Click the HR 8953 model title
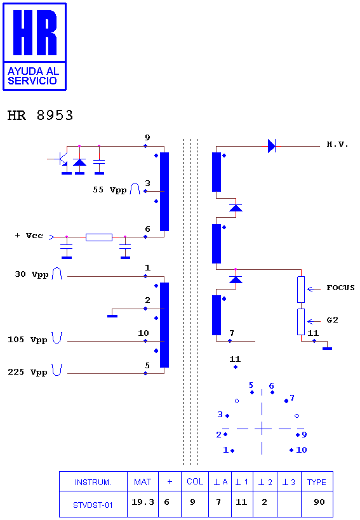click(x=40, y=116)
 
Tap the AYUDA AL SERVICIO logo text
click(x=33, y=76)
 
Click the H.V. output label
click(x=337, y=144)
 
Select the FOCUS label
click(x=340, y=288)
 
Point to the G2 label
click(x=332, y=320)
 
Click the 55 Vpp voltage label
click(x=110, y=190)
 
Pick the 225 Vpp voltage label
click(x=27, y=372)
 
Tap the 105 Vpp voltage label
click(x=27, y=340)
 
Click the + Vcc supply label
click(x=29, y=236)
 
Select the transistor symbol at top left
click(x=62, y=159)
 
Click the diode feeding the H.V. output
click(x=272, y=146)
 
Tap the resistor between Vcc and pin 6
click(x=99, y=237)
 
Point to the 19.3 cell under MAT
click(x=143, y=502)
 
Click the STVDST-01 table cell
click(x=93, y=505)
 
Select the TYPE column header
click(x=317, y=482)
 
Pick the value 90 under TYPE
click(x=319, y=502)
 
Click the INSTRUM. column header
click(x=93, y=482)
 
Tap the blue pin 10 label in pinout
click(x=302, y=450)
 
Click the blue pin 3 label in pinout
click(x=220, y=414)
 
